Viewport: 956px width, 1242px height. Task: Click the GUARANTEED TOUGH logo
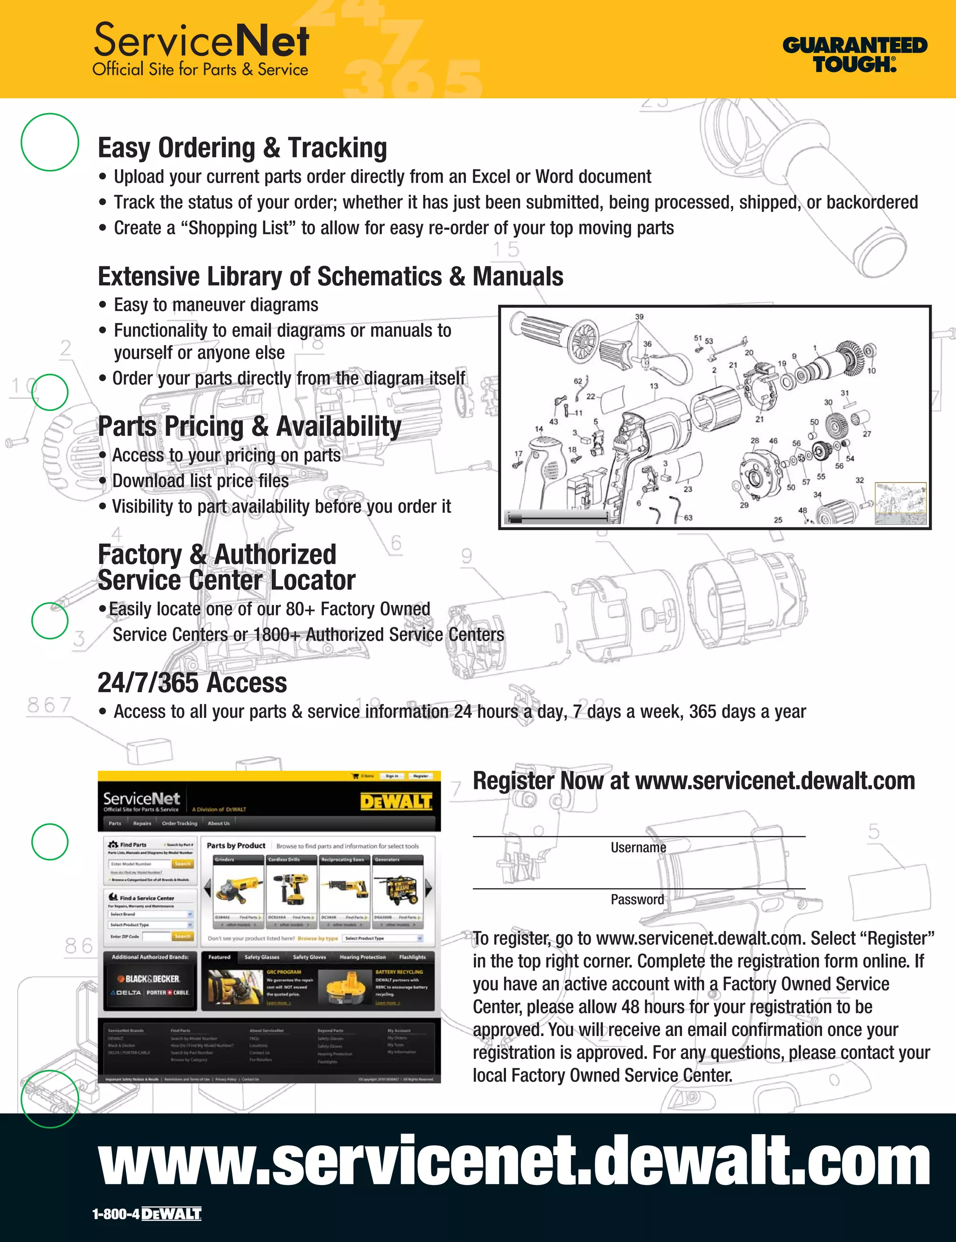click(x=854, y=55)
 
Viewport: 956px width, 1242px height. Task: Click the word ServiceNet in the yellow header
click(x=201, y=41)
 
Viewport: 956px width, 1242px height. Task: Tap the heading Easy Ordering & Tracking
click(x=242, y=148)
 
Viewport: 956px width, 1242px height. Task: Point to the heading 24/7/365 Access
click(x=192, y=683)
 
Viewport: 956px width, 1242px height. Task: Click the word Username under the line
click(x=638, y=847)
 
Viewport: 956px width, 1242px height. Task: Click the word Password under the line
click(x=637, y=899)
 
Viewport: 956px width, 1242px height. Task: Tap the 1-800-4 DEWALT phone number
click(x=147, y=1214)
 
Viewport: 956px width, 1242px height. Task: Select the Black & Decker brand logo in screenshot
click(x=148, y=979)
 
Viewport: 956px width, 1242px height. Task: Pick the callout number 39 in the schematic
click(x=640, y=317)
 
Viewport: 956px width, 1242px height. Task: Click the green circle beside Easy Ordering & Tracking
click(x=50, y=142)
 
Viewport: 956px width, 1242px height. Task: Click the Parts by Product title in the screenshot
click(x=236, y=845)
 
